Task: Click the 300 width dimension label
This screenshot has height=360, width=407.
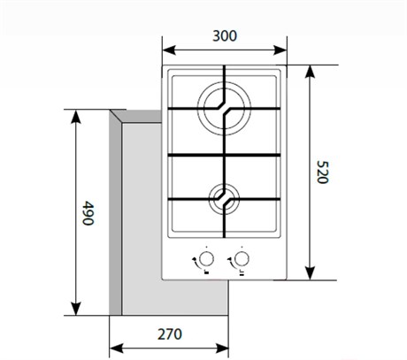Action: click(225, 36)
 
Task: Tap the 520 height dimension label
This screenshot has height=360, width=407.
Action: click(322, 172)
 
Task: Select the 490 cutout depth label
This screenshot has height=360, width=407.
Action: click(88, 213)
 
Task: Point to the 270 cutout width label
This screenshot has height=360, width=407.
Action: click(170, 334)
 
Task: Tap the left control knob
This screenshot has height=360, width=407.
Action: click(206, 259)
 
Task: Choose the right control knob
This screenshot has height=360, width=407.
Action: click(242, 259)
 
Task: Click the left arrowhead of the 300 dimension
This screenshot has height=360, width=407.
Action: click(169, 50)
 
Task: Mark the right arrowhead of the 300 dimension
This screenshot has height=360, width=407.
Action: click(280, 50)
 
